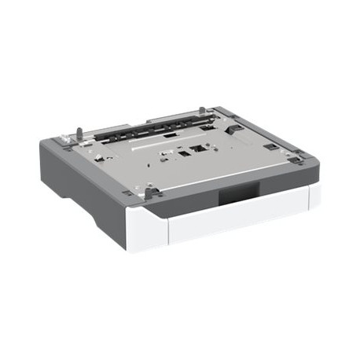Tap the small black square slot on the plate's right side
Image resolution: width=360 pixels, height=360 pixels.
pos(270,146)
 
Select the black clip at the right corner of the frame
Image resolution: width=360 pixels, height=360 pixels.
pos(295,160)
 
